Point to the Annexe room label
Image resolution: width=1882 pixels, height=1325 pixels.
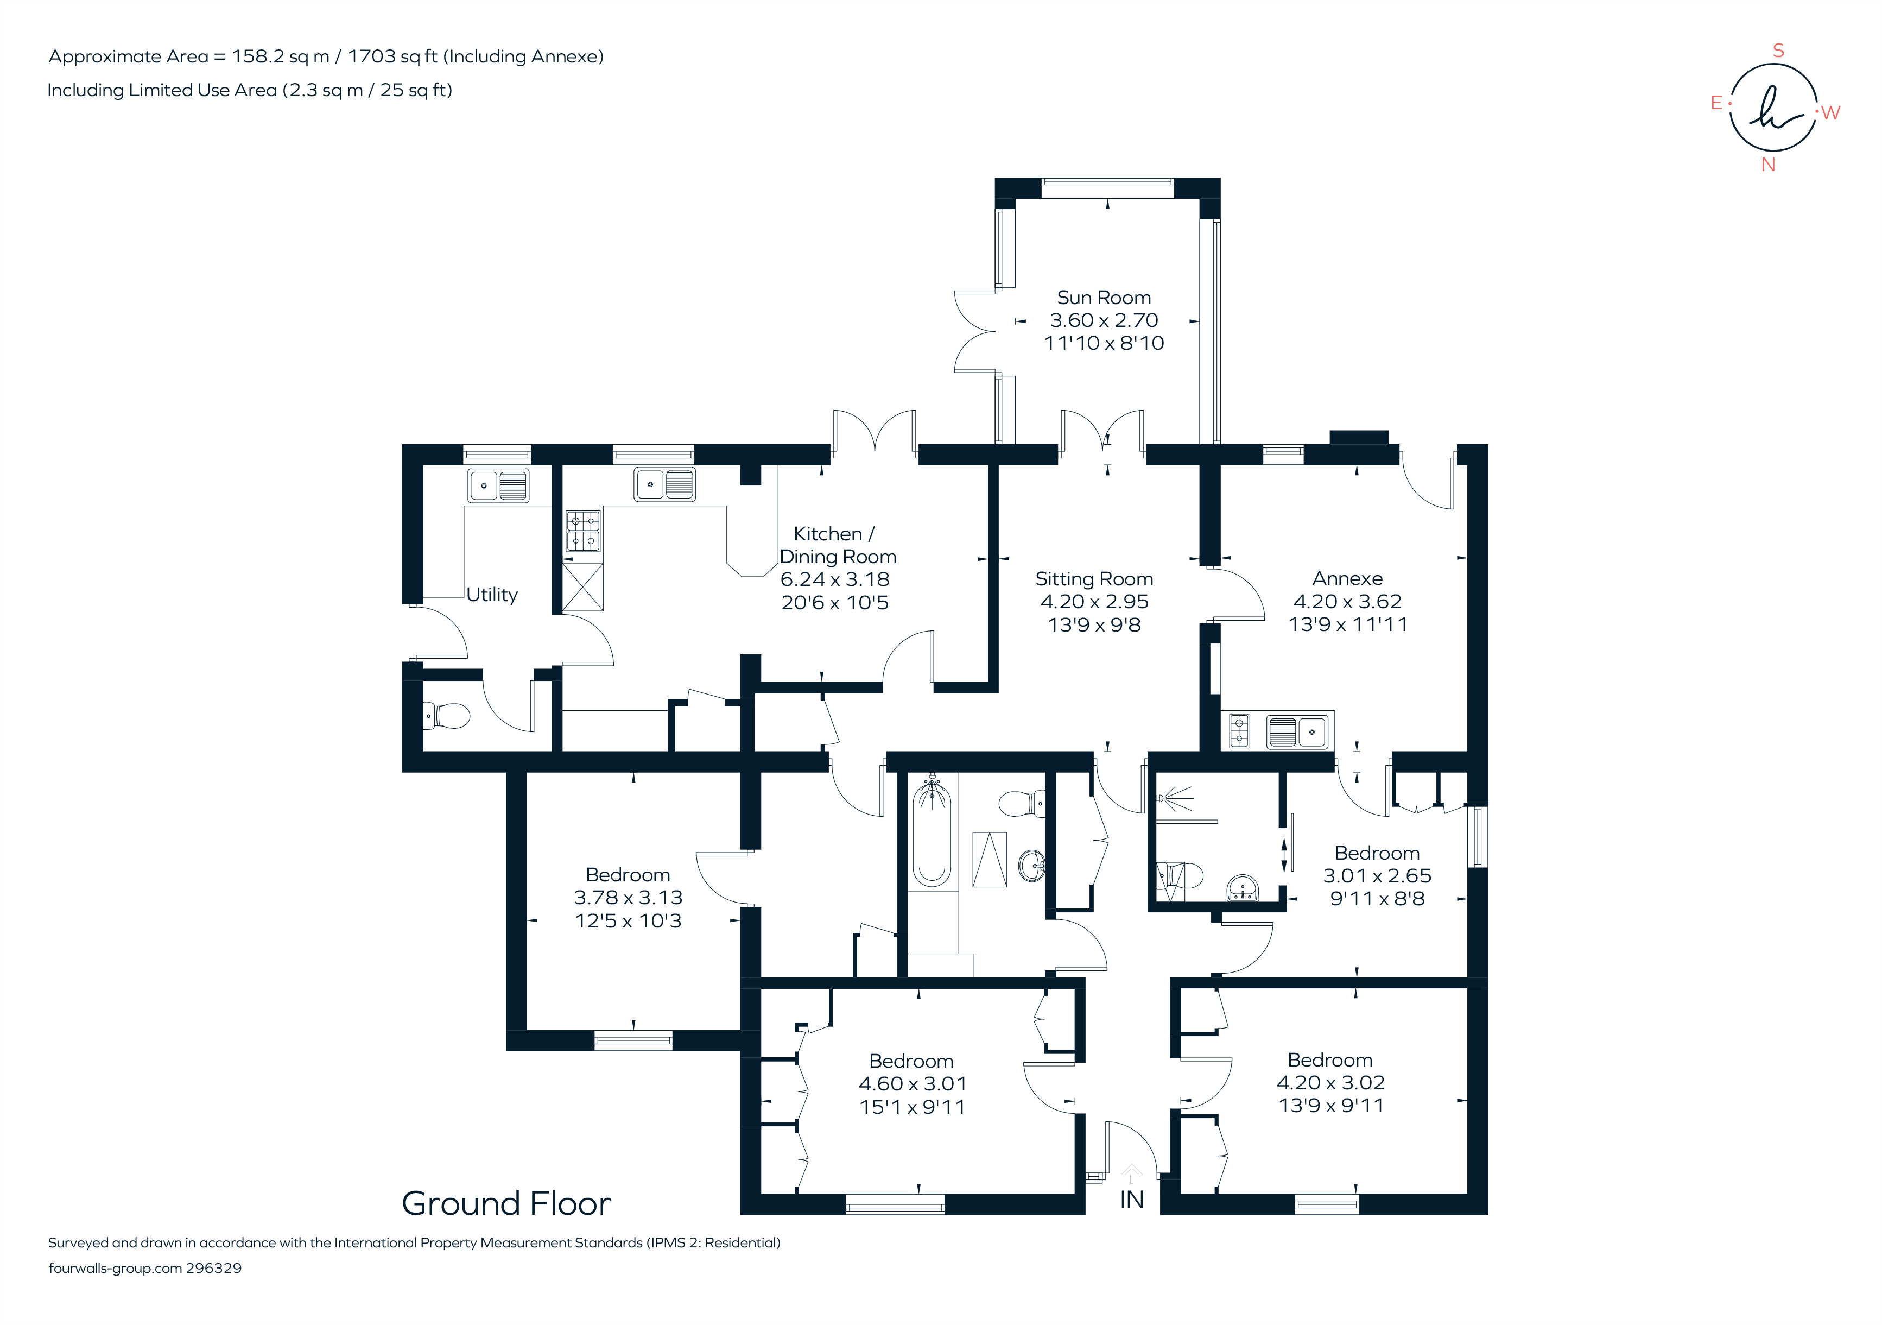[1347, 578]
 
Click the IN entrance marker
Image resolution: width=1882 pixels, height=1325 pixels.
[1131, 1200]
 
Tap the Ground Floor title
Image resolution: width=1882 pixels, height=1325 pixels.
[506, 1204]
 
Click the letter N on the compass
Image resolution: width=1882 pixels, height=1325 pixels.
[1768, 165]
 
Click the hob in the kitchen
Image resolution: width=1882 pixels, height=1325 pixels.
[584, 531]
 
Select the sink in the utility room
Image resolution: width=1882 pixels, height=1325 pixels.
[498, 485]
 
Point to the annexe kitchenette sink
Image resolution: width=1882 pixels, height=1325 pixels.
[1297, 731]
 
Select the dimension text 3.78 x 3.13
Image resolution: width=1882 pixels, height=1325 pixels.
[628, 898]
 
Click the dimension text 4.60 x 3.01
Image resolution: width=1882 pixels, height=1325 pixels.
[913, 1084]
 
